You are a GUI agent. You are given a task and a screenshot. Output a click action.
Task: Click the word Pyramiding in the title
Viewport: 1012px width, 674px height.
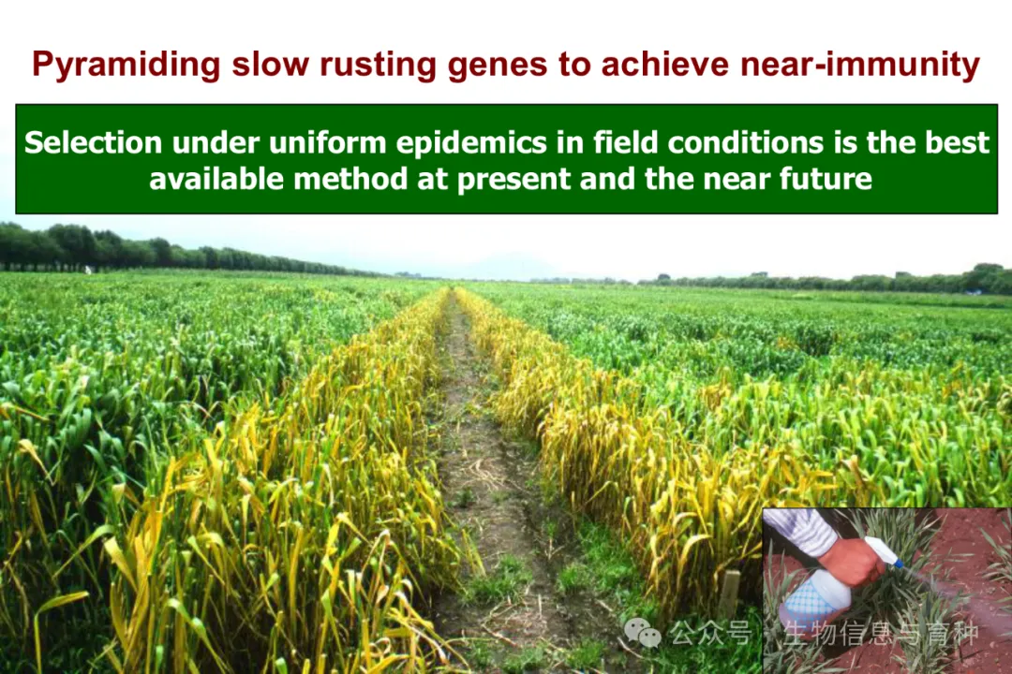126,66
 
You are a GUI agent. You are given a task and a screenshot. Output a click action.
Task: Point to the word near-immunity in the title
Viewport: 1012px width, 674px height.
859,66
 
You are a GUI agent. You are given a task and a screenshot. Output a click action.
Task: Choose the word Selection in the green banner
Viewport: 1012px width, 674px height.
93,142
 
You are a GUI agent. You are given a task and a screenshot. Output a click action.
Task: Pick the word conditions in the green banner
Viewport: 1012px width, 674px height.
745,142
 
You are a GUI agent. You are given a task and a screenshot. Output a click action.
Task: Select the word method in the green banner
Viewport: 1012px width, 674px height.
350,179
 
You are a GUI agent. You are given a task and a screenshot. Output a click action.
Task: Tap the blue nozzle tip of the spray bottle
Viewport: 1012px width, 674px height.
898,564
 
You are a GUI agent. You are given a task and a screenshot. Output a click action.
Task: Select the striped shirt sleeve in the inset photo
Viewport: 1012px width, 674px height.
799,530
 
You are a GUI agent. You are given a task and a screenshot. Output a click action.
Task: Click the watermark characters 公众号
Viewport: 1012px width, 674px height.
710,634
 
